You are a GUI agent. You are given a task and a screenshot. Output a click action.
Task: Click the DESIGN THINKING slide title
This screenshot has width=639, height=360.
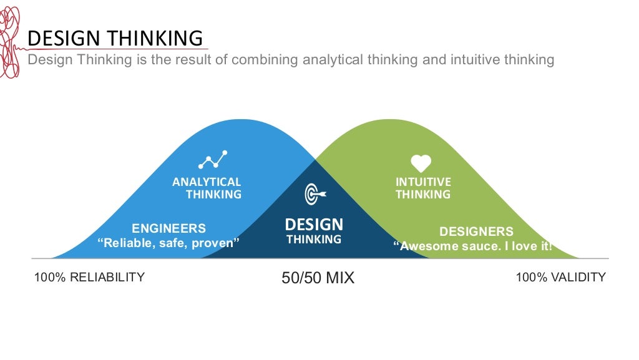[116, 38]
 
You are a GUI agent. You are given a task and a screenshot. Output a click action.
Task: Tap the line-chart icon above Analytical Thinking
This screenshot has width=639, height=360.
[213, 160]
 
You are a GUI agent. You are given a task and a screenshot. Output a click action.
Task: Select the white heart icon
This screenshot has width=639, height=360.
[421, 163]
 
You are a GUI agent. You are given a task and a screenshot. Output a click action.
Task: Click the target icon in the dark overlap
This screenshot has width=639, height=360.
[314, 195]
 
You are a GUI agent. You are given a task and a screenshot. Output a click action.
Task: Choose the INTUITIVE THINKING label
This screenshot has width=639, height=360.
[423, 188]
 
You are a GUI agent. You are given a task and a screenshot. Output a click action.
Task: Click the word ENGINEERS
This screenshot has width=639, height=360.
[168, 228]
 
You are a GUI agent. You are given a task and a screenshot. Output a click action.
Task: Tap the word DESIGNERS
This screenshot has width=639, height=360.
[476, 232]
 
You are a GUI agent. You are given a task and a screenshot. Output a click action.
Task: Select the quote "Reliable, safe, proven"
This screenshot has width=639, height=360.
[168, 243]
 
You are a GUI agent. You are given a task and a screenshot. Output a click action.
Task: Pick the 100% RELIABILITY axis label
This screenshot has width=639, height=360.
[89, 277]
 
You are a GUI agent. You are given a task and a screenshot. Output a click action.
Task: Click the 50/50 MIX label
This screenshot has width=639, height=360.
[318, 278]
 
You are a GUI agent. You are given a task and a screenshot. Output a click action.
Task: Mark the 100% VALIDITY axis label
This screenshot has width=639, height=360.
[560, 277]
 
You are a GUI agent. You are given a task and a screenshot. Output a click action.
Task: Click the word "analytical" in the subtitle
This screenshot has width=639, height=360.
[331, 60]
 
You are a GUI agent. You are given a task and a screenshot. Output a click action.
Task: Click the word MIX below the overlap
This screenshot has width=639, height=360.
[339, 278]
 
